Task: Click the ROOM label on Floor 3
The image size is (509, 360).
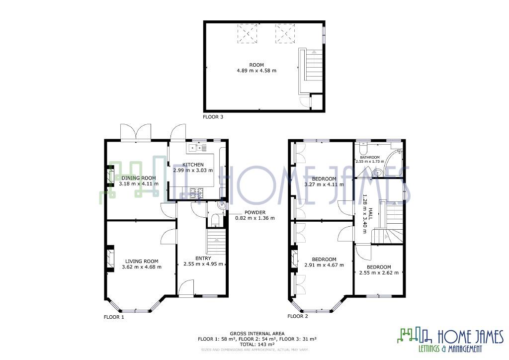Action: (x=256, y=65)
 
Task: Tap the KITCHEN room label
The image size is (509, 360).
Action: (x=193, y=165)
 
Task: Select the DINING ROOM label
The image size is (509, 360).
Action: (x=139, y=178)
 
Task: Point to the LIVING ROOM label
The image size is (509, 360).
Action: (x=142, y=261)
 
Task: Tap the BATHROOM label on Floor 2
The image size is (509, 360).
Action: (x=370, y=158)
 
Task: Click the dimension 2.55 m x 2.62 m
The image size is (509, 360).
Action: (x=379, y=272)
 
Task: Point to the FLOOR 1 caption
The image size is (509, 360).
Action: (x=114, y=317)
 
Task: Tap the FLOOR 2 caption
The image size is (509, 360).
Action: (x=298, y=316)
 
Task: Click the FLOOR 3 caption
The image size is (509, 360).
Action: (x=213, y=117)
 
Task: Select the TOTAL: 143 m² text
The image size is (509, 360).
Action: (x=257, y=344)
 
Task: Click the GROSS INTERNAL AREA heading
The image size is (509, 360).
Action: (x=257, y=334)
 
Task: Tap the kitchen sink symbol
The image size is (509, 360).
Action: (x=195, y=147)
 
